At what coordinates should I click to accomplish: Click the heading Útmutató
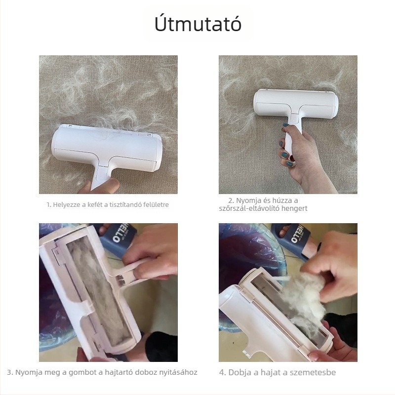pyautogui.click(x=198, y=24)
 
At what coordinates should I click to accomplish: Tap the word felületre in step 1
pyautogui.click(x=156, y=204)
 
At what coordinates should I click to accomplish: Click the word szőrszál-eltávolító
pyautogui.click(x=249, y=208)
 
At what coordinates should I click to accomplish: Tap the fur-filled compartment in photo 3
pyautogui.click(x=99, y=290)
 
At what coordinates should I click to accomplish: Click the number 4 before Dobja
pyautogui.click(x=222, y=372)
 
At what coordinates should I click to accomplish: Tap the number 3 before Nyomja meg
pyautogui.click(x=9, y=372)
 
